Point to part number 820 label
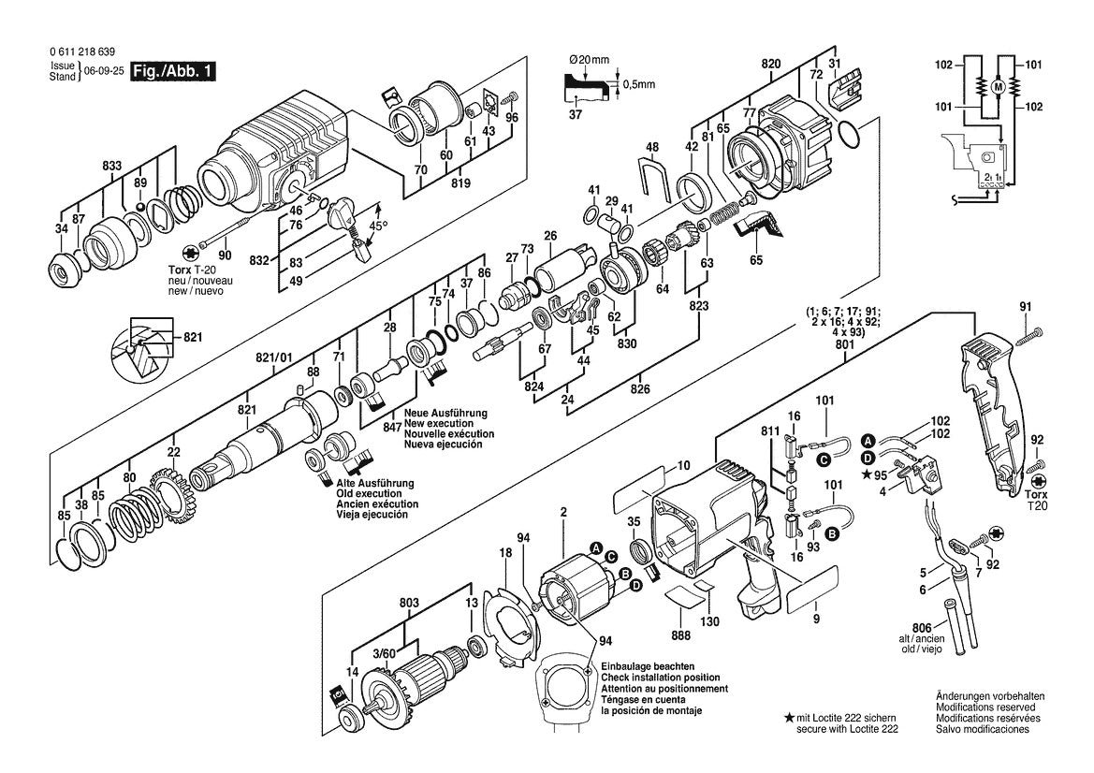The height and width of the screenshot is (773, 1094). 771,63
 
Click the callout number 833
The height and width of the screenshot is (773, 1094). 112,165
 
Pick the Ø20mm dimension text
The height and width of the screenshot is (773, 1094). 590,60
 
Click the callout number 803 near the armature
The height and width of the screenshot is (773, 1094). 408,605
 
